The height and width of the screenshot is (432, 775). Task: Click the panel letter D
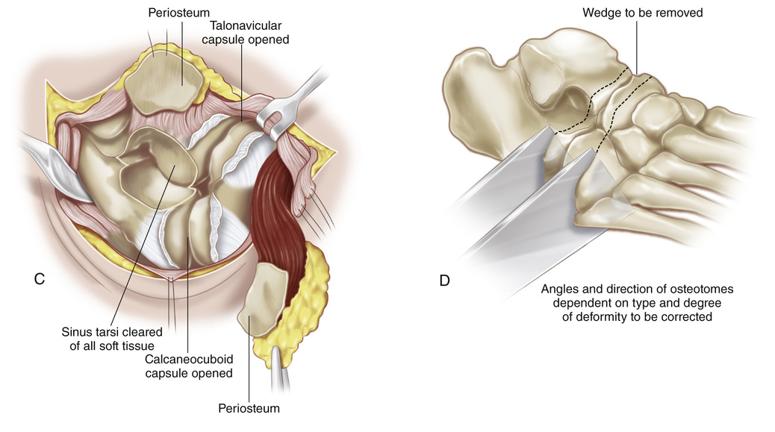[445, 281]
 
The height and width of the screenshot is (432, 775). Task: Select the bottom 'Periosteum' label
[248, 408]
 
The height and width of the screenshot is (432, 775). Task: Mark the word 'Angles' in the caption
[560, 289]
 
